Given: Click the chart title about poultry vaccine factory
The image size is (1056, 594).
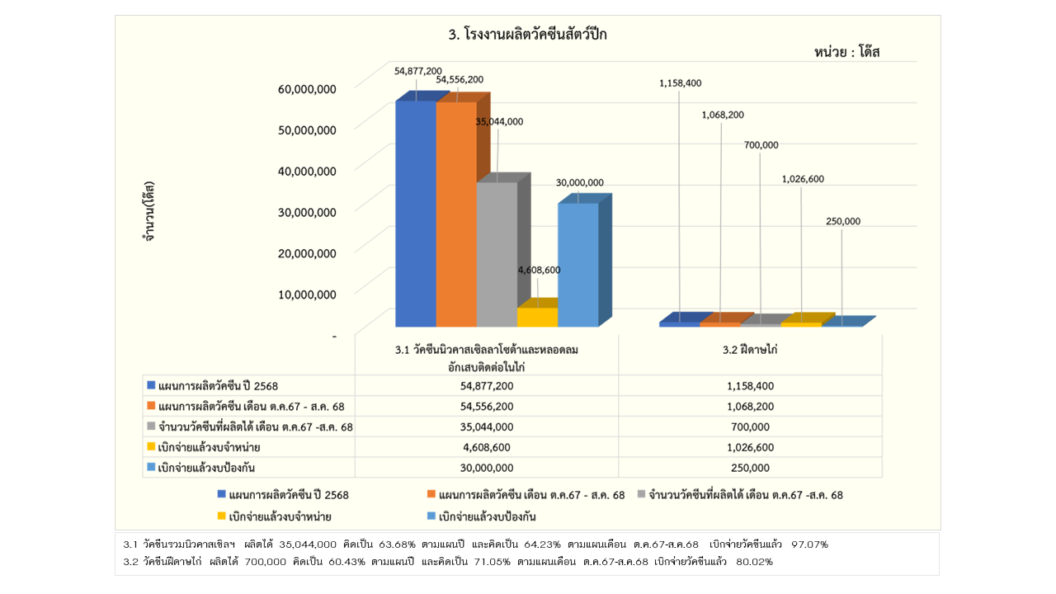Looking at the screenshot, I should point(527,35).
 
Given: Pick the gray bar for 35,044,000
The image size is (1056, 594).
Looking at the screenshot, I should point(497,253).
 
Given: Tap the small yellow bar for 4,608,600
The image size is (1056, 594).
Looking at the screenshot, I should point(537,316).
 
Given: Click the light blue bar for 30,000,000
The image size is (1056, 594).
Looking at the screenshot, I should point(577,263).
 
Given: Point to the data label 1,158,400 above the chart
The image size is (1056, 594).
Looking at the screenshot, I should point(680,83).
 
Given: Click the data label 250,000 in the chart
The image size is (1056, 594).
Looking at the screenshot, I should point(842,221).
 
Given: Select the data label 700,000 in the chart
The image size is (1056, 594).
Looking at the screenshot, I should point(761,145).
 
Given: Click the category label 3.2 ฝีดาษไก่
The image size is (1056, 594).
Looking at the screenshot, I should point(750,350).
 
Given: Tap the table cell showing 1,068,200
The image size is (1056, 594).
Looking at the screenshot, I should point(750,406).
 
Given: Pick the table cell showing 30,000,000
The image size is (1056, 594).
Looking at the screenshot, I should point(487,468).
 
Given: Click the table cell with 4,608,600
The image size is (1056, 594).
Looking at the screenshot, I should point(487,447).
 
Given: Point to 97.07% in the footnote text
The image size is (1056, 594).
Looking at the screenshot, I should point(809,544).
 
